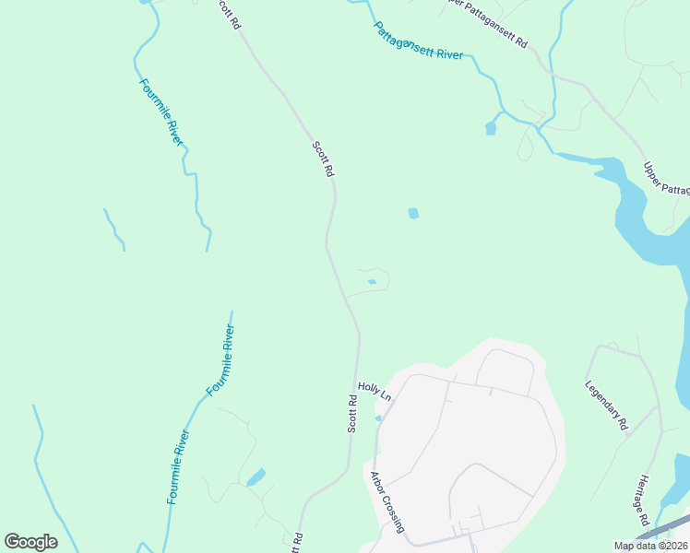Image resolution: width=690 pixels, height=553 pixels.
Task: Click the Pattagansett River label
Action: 418,41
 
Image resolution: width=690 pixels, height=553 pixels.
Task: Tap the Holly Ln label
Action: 375,392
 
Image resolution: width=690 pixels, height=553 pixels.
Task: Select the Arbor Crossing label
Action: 387,502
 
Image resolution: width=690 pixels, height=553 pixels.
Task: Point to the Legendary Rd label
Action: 607,406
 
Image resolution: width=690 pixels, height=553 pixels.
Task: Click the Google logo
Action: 30,542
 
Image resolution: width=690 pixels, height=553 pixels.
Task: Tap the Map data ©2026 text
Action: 650,546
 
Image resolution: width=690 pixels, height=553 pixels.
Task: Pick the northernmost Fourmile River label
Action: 161,111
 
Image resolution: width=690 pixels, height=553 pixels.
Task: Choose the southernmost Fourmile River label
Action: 178,466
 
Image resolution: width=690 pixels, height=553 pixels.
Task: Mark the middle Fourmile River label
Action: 220,360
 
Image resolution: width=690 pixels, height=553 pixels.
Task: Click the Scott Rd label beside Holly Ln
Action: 352,414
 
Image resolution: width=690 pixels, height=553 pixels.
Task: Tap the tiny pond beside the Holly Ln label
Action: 378,418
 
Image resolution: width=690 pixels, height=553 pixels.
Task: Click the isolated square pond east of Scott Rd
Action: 413,214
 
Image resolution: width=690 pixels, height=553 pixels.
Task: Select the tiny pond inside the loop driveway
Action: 372,282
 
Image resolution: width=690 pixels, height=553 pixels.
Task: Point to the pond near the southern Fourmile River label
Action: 256,477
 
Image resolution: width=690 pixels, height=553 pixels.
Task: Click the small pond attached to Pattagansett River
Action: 491,128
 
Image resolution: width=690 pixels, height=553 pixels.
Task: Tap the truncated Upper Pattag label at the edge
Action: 666,178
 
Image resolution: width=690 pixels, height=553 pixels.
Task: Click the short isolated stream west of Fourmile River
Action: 114,229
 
